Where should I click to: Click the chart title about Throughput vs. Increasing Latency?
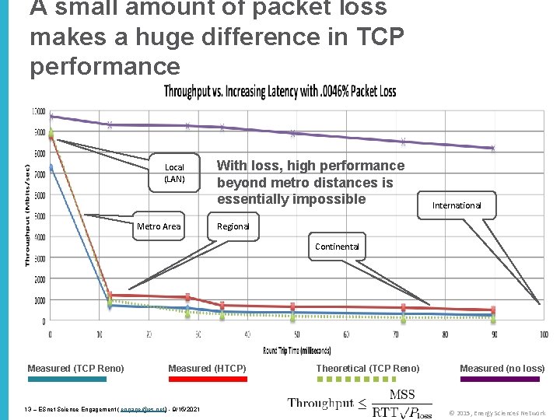coord(279,92)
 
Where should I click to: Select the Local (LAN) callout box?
coord(174,173)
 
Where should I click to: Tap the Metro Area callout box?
coord(159,226)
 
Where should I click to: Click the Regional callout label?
coord(233,226)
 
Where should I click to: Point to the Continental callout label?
coord(337,247)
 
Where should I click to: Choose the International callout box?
coord(457,205)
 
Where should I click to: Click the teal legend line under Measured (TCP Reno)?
coord(67,379)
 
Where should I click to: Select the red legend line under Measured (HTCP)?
coord(208,379)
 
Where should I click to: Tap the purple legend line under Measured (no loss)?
coord(500,379)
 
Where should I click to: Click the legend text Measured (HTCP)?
coord(207,368)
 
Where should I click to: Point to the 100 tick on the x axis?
coord(542,334)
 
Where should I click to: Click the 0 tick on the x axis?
coord(51,334)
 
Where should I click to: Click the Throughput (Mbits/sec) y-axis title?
coord(28,215)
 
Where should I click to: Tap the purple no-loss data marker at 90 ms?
coord(492,148)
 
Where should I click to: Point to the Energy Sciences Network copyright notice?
coord(498,413)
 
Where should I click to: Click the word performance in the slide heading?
coord(104,66)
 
